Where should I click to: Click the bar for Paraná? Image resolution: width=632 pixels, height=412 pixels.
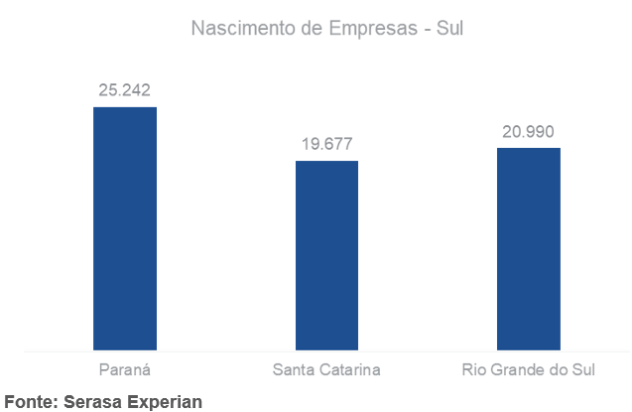point(125,228)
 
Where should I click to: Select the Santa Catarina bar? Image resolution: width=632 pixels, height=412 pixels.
point(326,255)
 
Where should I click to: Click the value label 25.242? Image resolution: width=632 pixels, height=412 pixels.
point(125,90)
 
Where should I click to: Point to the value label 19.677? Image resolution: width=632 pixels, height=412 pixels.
point(326,144)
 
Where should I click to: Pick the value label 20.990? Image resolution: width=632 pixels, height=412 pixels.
point(528,131)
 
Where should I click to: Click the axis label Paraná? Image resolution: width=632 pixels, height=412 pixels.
point(125,371)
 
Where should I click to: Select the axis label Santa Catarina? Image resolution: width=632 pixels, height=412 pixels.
point(326,371)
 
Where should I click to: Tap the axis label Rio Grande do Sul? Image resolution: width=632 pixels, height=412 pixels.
point(528,371)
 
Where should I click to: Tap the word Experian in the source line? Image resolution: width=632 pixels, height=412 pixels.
point(163,402)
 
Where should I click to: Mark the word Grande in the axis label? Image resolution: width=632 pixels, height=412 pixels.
point(515,371)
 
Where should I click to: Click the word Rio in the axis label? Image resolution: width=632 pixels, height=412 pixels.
point(474,371)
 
